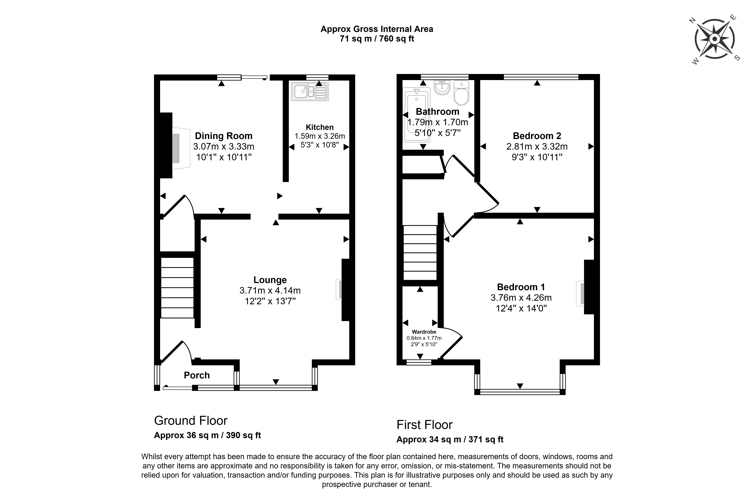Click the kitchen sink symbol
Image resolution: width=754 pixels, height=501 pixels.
coord(309,92)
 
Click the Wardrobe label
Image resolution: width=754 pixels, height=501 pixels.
coord(424,332)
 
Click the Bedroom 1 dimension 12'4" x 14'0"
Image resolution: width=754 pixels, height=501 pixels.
coord(521,308)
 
